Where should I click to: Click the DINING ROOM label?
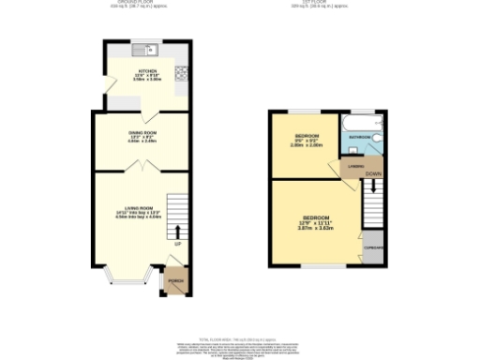coord(142,133)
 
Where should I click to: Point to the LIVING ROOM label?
coord(140,207)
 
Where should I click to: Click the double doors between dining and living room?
coord(140,167)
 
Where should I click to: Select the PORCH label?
coord(175,279)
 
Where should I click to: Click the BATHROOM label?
coord(360,137)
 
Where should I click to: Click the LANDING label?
coord(355,167)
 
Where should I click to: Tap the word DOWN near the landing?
coord(372,174)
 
